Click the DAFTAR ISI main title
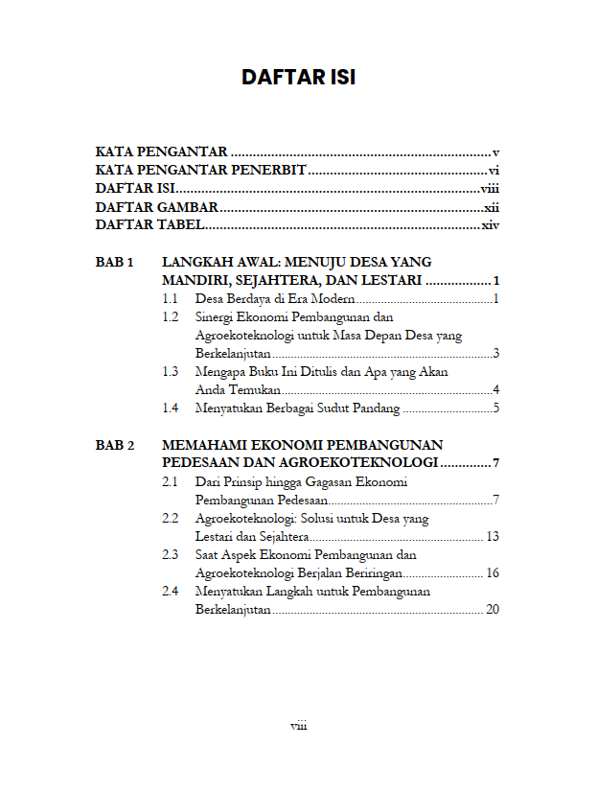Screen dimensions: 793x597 tap(298, 77)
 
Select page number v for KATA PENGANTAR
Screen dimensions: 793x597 tap(496, 152)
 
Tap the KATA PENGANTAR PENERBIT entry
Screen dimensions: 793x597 tap(200, 170)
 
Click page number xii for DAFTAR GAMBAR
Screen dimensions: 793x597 tap(492, 207)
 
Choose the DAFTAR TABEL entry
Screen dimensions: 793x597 tap(149, 225)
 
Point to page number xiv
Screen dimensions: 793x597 tap(492, 225)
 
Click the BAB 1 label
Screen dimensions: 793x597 tap(115, 262)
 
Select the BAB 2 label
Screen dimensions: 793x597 tap(115, 445)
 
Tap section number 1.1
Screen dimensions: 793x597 tap(171, 299)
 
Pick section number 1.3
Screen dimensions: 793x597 tap(171, 372)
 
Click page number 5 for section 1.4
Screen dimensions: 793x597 tap(496, 409)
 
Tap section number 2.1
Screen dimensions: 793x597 tap(171, 482)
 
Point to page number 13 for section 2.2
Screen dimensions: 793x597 tap(493, 537)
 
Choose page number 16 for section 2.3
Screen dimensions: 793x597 tap(493, 573)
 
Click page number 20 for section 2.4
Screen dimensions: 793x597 tap(493, 610)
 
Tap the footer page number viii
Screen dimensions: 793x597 tap(298, 726)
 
